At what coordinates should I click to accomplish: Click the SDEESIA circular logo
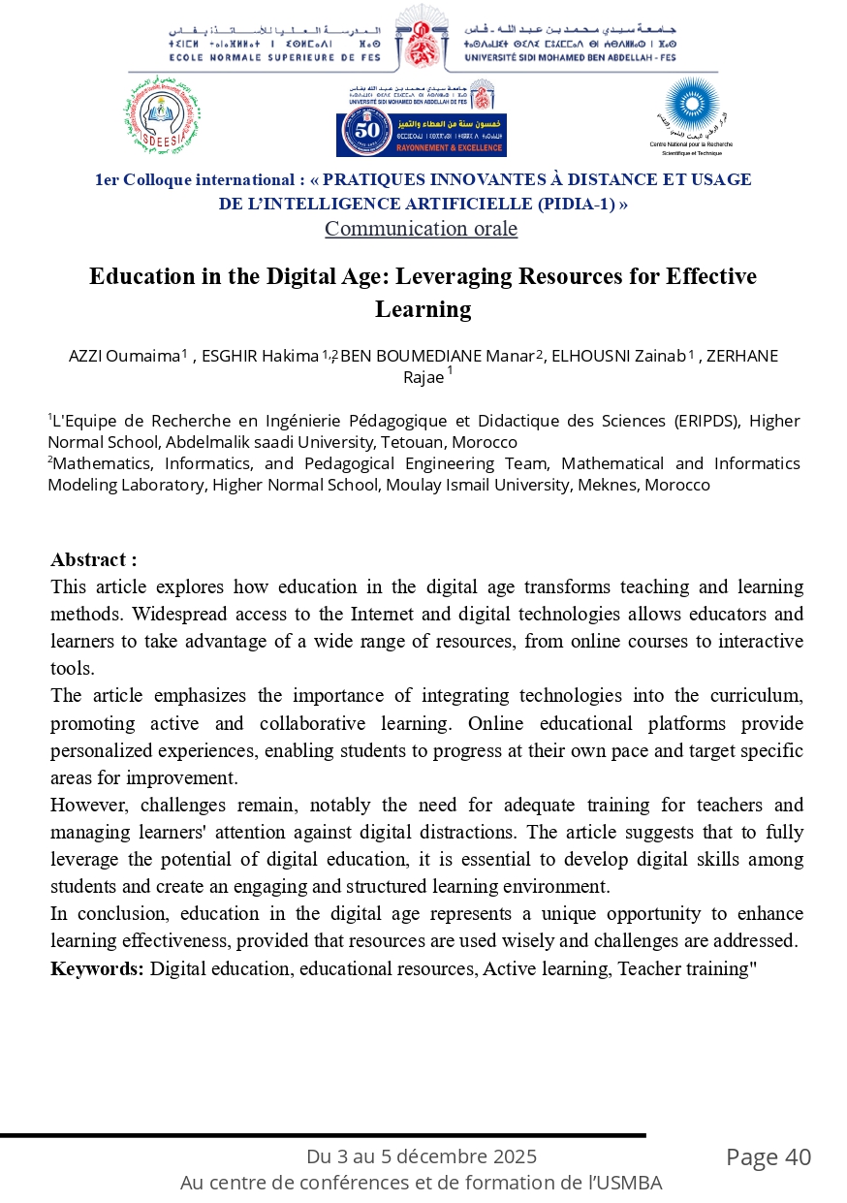click(162, 121)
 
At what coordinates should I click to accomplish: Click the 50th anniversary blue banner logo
click(421, 134)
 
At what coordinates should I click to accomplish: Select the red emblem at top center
click(422, 38)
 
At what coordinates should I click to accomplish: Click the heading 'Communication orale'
click(421, 229)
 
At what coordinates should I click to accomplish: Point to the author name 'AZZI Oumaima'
click(124, 356)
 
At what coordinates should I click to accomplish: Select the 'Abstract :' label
click(94, 559)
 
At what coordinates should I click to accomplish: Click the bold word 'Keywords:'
click(97, 967)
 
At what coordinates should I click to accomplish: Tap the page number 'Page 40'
click(769, 1157)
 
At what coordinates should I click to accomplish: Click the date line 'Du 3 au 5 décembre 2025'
click(421, 1156)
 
